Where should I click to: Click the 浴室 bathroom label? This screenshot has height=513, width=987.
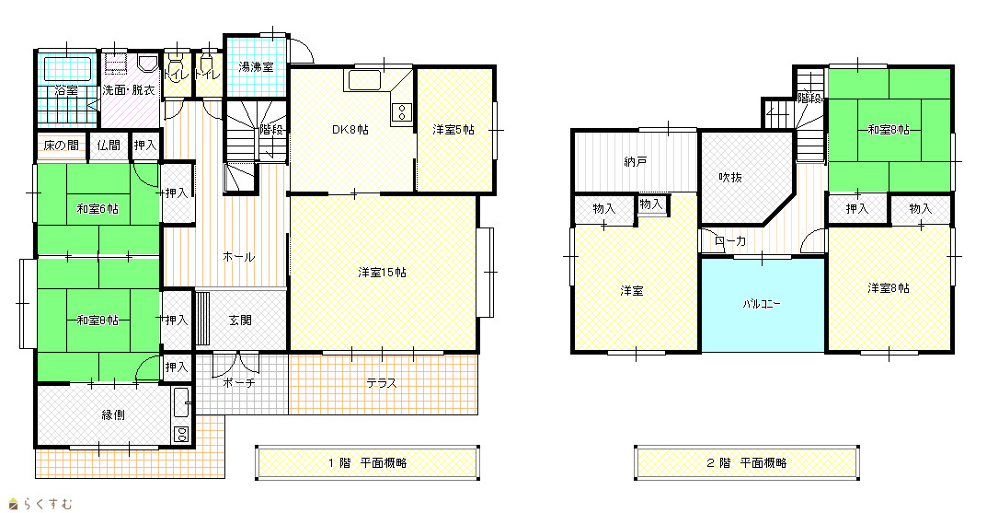click(x=66, y=91)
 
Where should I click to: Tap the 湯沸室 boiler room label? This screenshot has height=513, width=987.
click(x=256, y=67)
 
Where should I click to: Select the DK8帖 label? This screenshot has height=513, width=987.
click(x=350, y=130)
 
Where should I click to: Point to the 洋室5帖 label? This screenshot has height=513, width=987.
click(x=453, y=130)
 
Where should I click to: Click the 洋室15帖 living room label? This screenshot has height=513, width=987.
click(x=382, y=273)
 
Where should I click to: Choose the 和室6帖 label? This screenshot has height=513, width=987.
click(x=98, y=208)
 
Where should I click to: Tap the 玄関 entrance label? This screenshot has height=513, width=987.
click(x=240, y=321)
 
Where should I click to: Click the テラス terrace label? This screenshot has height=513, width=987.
click(x=382, y=383)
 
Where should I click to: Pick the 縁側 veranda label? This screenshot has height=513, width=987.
click(x=112, y=414)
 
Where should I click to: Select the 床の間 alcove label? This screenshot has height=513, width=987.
click(x=62, y=146)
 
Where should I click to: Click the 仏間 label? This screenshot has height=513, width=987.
click(x=109, y=146)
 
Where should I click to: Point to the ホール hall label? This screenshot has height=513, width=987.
click(x=238, y=256)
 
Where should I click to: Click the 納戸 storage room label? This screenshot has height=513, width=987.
click(x=635, y=162)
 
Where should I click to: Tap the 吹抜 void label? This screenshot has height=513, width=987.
click(x=730, y=177)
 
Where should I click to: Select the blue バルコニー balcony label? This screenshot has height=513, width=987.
click(x=762, y=304)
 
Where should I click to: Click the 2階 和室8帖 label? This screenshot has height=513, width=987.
click(x=889, y=130)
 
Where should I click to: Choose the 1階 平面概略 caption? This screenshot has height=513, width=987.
click(x=368, y=462)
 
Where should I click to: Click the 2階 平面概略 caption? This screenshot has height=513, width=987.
click(x=747, y=462)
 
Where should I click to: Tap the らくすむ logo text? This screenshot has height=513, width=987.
click(x=48, y=504)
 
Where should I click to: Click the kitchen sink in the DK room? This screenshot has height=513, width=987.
click(x=362, y=80)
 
